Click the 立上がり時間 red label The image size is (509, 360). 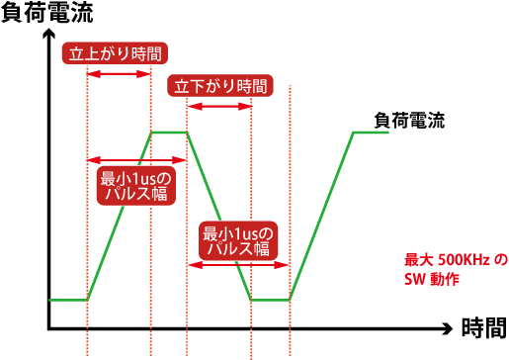coord(114,53)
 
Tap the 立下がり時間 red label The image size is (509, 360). coord(220,86)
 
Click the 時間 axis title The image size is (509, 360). coord(483,327)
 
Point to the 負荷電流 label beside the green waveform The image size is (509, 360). coord(409,122)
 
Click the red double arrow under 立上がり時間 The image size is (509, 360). coord(120,74)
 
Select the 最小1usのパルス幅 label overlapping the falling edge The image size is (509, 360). coord(237,242)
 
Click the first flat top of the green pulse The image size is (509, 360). coord(169,132)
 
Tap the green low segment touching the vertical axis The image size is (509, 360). coord(67,299)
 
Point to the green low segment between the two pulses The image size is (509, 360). coord(270,299)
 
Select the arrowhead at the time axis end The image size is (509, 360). coord(451,327)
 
